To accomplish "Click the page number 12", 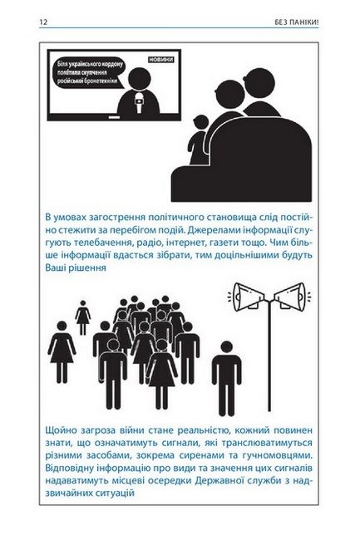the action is (43, 22).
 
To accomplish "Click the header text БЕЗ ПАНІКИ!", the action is (297, 22).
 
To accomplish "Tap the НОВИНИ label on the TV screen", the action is (160, 60).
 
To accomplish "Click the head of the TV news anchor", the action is (139, 79).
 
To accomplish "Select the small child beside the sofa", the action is (198, 140).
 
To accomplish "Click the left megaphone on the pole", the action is (249, 297).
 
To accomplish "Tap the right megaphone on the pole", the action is (290, 297).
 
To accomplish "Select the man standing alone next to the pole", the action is (226, 378).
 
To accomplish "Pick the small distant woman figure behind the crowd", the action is (82, 317).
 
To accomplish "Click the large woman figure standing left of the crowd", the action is (62, 352).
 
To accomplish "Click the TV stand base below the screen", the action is (114, 117).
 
